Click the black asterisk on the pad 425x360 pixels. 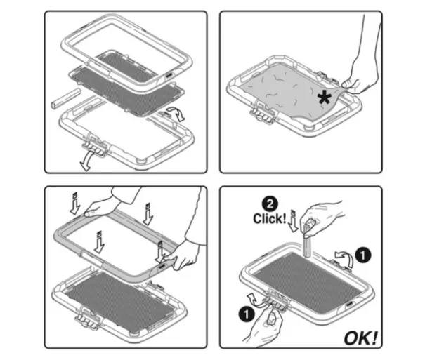point(325,98)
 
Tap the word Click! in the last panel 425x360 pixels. point(270,218)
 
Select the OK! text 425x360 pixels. point(361,338)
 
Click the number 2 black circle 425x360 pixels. point(270,204)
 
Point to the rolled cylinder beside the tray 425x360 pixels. point(66,98)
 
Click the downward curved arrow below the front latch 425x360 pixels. point(87,161)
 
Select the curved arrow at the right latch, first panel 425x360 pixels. point(176,114)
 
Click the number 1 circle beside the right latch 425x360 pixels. point(363,255)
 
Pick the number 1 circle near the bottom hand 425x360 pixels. point(247,315)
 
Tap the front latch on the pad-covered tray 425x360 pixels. point(262,113)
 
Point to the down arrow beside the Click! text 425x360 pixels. point(293,221)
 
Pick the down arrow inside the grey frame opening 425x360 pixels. point(99,242)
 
